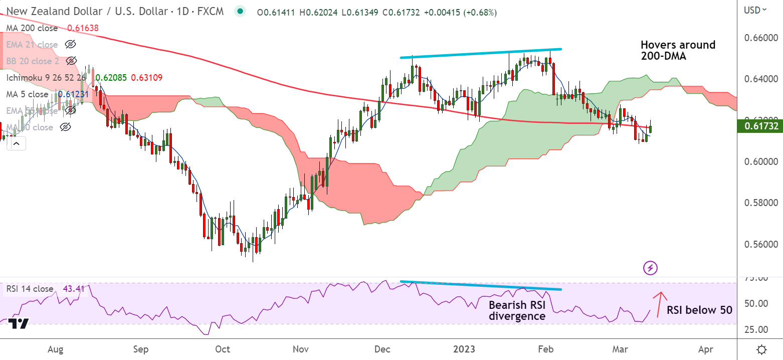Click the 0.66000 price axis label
[x=760, y=38]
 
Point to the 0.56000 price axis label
[x=760, y=245]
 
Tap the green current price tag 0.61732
[x=760, y=126]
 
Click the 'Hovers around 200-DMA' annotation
[x=678, y=51]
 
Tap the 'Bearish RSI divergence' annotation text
[x=517, y=310]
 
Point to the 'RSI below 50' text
[x=699, y=310]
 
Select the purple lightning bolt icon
[x=650, y=268]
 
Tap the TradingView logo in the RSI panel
[x=18, y=324]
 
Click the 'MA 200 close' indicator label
[x=32, y=28]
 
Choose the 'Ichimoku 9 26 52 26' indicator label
[x=46, y=78]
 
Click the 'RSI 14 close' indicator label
[x=30, y=289]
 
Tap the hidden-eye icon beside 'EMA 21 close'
[x=70, y=45]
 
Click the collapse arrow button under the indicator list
[x=16, y=144]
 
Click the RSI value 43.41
[x=73, y=289]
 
